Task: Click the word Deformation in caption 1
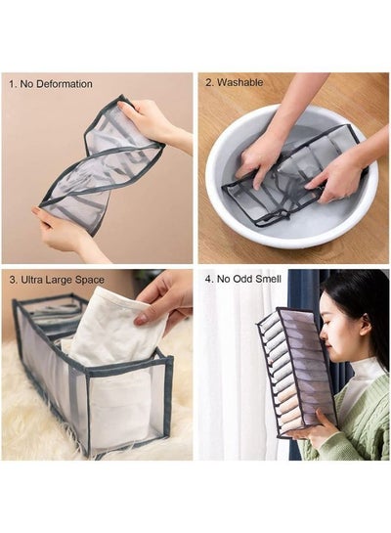[65, 84]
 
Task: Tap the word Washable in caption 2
[239, 82]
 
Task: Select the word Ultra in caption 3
[31, 280]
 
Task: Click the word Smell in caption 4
[268, 279]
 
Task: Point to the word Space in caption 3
[89, 280]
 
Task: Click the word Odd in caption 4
[242, 279]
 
